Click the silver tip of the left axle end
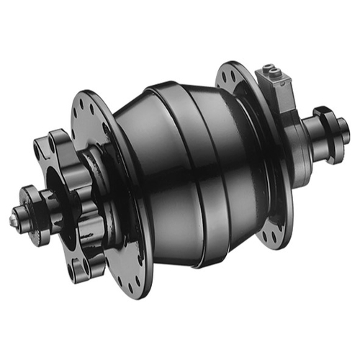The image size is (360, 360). (x=15, y=217)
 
